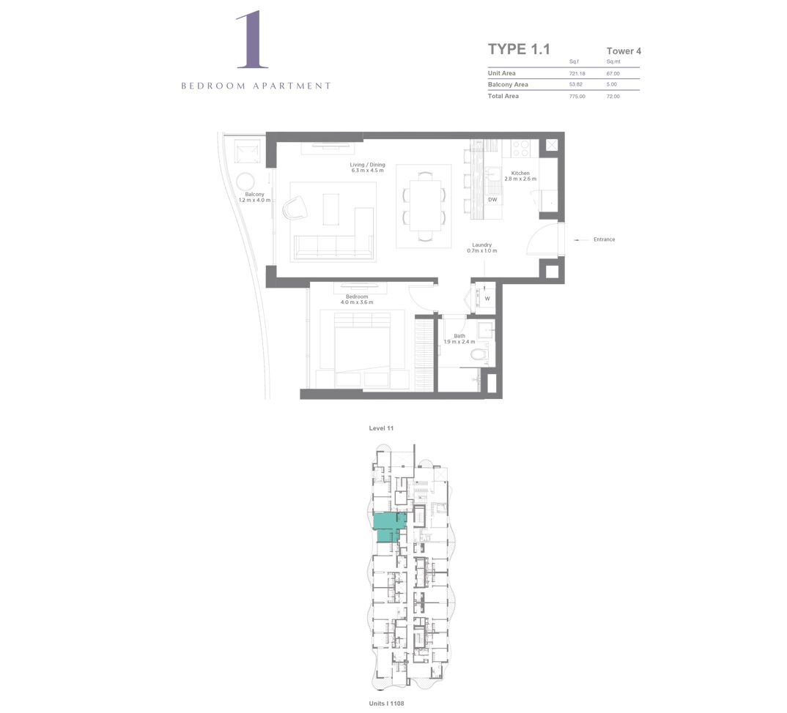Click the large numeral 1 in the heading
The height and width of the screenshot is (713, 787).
[x=251, y=41]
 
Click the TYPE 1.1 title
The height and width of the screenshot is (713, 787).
[x=518, y=49]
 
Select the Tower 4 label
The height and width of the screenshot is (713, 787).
[x=624, y=51]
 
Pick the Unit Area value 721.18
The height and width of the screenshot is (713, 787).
[x=576, y=73]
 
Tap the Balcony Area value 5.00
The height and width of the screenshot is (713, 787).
[x=612, y=84]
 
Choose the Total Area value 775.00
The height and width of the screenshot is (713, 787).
[x=577, y=96]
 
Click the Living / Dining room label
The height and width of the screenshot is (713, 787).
[x=367, y=168]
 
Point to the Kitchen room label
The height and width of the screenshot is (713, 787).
[x=520, y=176]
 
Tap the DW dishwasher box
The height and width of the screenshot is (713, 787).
[x=492, y=200]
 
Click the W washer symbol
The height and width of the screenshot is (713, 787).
[x=487, y=299]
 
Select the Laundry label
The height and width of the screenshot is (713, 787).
[x=481, y=247]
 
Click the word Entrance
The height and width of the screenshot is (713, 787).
[x=605, y=239]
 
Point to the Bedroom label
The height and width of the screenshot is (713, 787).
[x=357, y=299]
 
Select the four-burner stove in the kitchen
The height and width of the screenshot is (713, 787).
[x=521, y=148]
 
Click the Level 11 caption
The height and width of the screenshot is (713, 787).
[x=381, y=428]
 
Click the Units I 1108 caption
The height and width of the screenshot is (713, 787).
[x=386, y=703]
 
